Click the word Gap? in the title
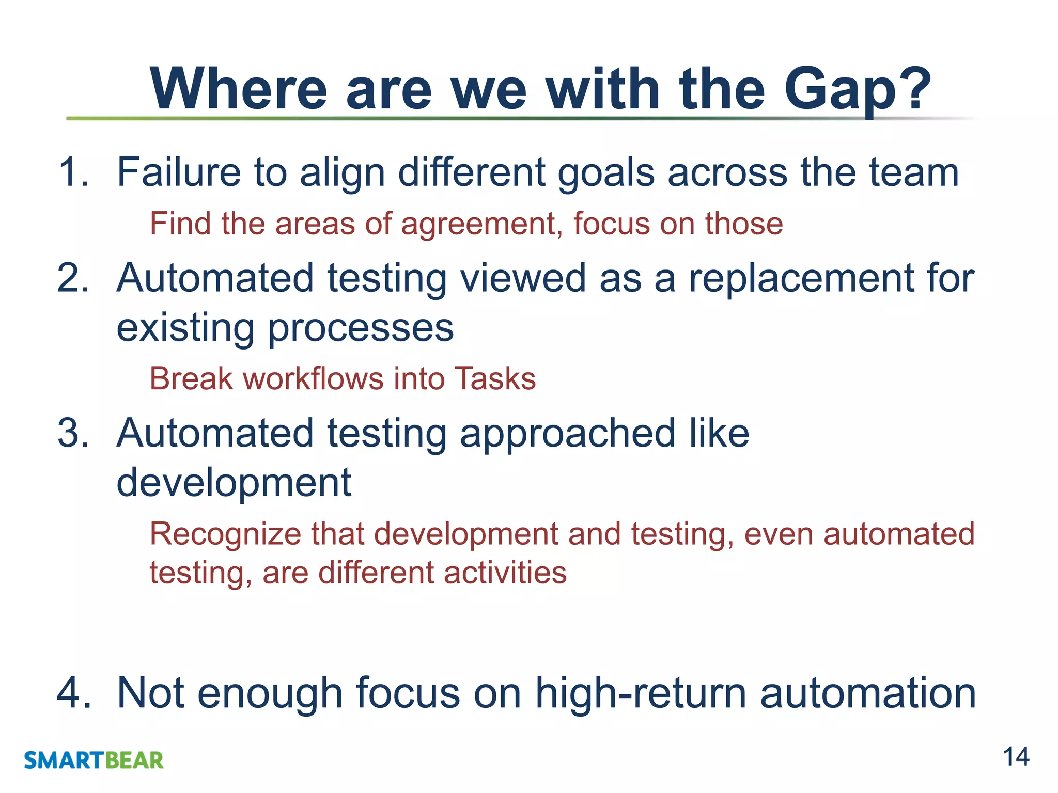coord(857,90)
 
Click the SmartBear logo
coord(94,760)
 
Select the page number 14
coord(1016,757)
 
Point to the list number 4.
coord(73,692)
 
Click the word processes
coord(361,328)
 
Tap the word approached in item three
coord(567,434)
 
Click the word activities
coord(505,573)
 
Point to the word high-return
coord(641,692)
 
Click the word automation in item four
coord(867,692)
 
